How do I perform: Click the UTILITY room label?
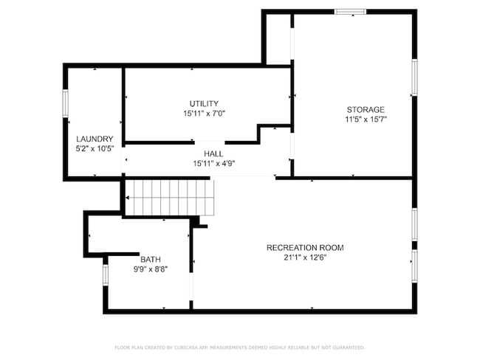tap(203, 104)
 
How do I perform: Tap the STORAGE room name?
tap(366, 109)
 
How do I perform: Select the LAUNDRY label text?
tap(95, 139)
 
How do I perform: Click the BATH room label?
tap(151, 260)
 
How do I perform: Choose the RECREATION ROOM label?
tap(305, 248)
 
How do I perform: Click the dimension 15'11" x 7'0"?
tap(204, 114)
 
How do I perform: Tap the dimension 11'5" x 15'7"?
tap(366, 119)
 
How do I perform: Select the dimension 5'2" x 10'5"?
tap(95, 148)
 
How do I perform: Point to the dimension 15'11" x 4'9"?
tap(213, 163)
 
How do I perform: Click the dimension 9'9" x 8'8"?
tap(151, 269)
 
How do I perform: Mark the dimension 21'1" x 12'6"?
tap(305, 257)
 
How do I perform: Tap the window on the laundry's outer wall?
tap(65, 103)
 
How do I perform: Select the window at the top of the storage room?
tap(350, 11)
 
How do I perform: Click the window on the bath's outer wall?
tap(105, 274)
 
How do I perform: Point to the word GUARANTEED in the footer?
tap(345, 347)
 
